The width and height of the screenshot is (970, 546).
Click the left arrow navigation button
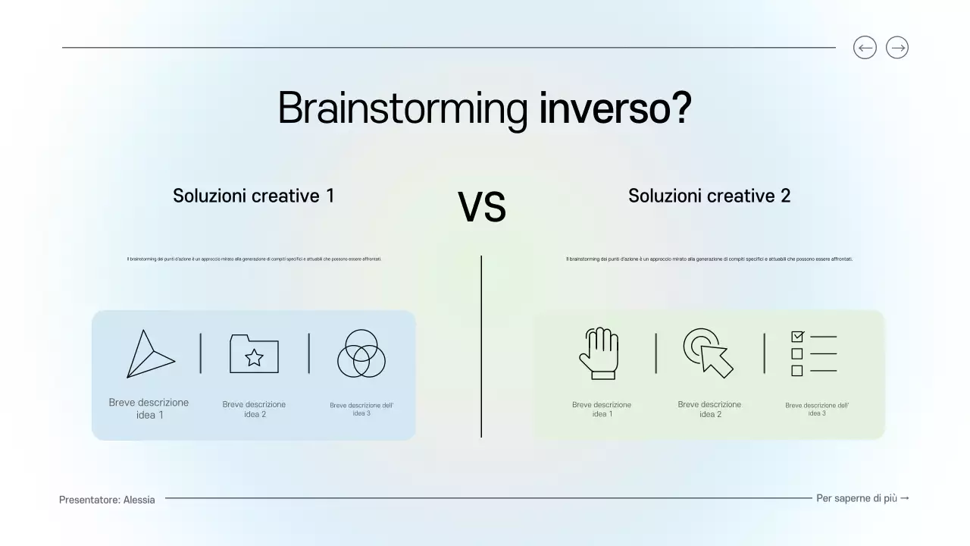tap(865, 48)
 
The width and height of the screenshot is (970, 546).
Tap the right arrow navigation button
tap(897, 48)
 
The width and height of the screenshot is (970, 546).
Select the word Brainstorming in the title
tap(402, 108)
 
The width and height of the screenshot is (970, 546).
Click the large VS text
tap(482, 208)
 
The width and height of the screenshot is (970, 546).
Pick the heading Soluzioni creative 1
tap(253, 196)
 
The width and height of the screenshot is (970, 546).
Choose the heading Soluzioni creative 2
tap(709, 196)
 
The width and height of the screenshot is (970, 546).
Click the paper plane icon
tap(149, 354)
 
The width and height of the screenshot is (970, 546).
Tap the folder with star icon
tap(254, 353)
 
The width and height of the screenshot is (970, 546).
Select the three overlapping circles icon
tap(361, 353)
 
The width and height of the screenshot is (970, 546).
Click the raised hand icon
tap(598, 353)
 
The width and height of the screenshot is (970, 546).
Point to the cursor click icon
tap(709, 353)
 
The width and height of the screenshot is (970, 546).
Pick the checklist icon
tap(814, 353)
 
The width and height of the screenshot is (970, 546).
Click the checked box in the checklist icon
tap(797, 336)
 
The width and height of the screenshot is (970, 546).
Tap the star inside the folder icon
tap(254, 357)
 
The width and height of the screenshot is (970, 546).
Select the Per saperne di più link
tap(862, 498)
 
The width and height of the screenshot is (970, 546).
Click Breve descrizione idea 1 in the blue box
tap(149, 409)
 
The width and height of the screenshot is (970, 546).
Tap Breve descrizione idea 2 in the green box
tap(709, 409)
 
